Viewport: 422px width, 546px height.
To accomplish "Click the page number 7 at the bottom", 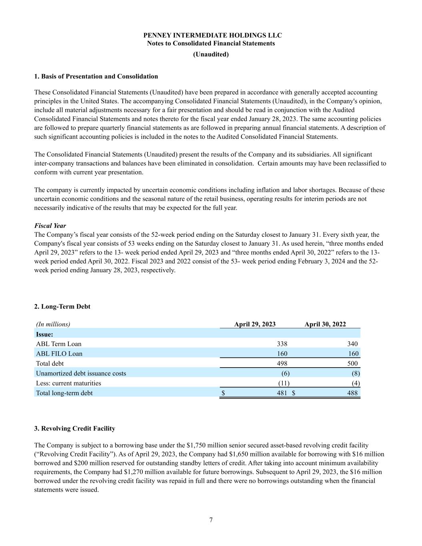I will point(211,520).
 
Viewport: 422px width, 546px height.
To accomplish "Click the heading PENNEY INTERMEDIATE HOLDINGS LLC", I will point(212,35).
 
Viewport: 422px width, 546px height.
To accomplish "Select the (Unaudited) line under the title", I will point(211,54).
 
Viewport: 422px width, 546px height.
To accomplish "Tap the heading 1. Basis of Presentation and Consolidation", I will point(96,76).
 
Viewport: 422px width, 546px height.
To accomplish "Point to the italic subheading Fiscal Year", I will point(50,226).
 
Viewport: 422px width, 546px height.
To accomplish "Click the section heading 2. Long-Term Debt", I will point(62,306).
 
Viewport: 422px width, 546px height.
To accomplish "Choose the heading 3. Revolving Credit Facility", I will point(75,428).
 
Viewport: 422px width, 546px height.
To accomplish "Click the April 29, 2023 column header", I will point(255,324).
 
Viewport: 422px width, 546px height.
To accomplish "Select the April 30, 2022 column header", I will point(325,324).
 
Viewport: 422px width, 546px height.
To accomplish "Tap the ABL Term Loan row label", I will point(58,344).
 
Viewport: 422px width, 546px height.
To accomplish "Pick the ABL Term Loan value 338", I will point(282,344).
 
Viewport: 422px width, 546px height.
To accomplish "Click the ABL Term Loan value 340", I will point(352,344).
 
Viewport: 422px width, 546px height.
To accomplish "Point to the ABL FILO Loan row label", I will point(59,354).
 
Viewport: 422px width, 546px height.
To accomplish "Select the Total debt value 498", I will point(282,363).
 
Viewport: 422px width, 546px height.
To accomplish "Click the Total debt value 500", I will point(352,363).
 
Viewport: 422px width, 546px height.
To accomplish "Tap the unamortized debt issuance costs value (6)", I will point(285,373).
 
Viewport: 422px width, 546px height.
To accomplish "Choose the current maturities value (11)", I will point(284,383).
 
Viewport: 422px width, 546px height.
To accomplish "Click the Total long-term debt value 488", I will point(352,393).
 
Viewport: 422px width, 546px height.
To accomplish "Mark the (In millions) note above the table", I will point(53,324).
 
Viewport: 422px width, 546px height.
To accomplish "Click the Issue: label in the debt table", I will point(44,334).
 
